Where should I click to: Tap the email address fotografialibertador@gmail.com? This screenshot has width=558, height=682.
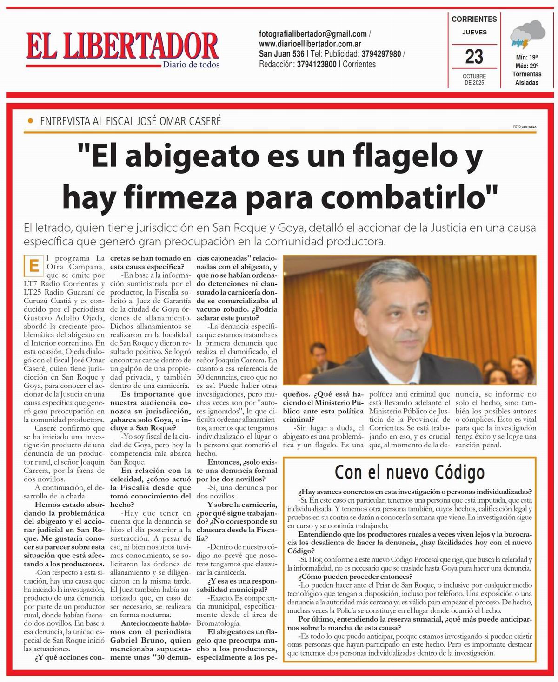[313, 34]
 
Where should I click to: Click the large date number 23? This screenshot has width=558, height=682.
[474, 57]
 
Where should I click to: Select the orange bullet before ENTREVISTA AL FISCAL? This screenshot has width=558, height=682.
[31, 121]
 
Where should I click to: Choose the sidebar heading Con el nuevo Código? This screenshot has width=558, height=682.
[409, 472]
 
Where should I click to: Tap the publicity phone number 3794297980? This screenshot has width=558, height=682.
[381, 54]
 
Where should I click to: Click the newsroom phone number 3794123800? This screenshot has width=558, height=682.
[317, 64]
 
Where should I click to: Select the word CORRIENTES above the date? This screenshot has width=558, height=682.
[474, 19]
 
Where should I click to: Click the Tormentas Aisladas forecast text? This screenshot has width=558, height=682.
[526, 78]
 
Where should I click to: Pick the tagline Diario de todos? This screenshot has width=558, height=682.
[191, 65]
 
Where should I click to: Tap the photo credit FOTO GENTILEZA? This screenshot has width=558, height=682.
[525, 126]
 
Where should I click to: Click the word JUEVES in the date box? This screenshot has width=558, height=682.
[474, 32]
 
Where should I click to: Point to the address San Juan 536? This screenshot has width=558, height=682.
[282, 54]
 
